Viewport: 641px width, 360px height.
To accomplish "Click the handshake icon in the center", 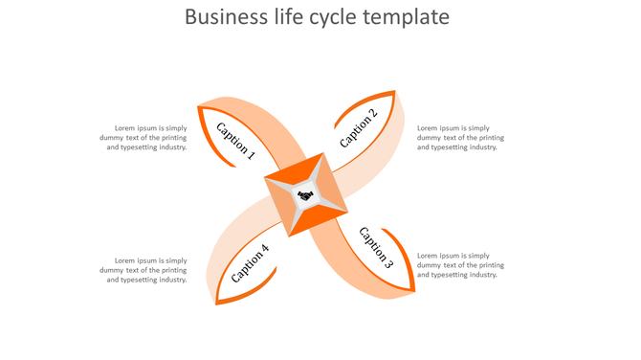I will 305,196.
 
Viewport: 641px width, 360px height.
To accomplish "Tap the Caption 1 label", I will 235,140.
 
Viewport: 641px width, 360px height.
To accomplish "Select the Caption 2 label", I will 359,128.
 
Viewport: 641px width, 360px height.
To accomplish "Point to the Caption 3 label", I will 376,247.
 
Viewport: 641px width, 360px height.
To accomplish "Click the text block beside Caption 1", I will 144,137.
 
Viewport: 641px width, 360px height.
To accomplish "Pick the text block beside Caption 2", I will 460,137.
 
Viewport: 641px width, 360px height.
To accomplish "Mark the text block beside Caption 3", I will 460,265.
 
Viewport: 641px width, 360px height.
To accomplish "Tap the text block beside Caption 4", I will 144,270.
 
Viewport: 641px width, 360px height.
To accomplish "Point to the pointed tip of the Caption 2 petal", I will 395,92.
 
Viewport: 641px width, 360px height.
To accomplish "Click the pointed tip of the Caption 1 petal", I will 198,106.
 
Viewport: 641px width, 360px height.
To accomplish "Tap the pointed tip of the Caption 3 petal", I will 414,290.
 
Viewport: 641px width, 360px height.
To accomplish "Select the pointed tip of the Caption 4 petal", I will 216,304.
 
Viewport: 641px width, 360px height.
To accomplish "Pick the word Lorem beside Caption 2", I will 428,127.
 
